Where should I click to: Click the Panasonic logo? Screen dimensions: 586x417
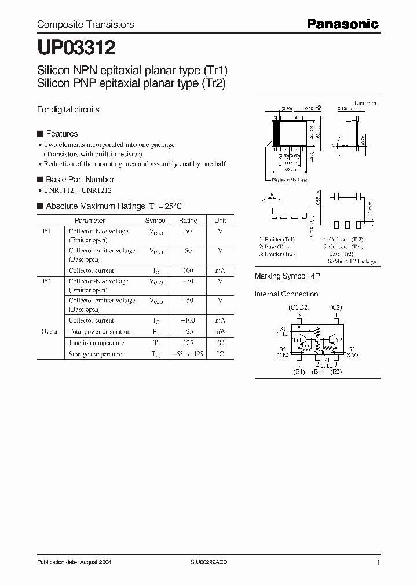coord(343,24)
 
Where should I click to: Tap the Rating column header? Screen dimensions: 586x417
coord(188,221)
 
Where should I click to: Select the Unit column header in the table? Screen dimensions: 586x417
coord(220,221)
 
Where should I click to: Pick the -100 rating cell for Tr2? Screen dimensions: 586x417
coord(188,320)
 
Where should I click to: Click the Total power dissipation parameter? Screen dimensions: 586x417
coord(99,332)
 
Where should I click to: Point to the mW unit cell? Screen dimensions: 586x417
coord(220,332)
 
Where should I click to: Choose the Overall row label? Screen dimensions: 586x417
coord(50,332)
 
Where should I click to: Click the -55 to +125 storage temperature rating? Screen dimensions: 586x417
coord(188,354)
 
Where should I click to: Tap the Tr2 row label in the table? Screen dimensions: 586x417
coord(46,281)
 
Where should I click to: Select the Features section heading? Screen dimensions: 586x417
coord(61,134)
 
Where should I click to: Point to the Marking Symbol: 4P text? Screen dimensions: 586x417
coord(287,276)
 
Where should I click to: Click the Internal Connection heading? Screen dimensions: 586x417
coord(287,294)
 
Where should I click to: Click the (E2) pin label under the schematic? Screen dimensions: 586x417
coord(336,372)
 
